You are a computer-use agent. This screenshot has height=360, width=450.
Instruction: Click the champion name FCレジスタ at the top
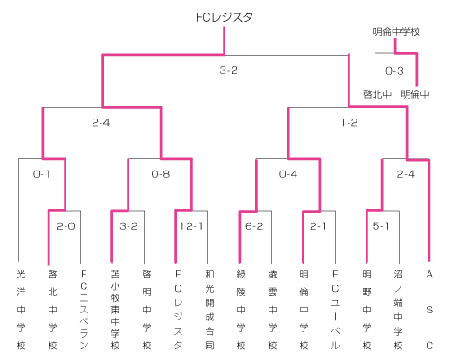(225, 17)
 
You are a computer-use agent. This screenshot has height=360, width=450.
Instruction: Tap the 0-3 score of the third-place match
(394, 71)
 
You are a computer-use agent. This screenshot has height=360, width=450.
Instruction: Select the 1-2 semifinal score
(349, 122)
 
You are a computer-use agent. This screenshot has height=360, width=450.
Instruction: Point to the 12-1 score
(191, 226)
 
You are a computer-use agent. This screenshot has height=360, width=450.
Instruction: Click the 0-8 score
(161, 174)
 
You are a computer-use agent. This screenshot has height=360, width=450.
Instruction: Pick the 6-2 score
(254, 226)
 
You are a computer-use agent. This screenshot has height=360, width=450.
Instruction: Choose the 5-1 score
(381, 226)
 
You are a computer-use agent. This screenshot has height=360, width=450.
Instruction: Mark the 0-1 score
(41, 174)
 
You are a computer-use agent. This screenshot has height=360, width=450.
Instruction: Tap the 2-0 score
(66, 226)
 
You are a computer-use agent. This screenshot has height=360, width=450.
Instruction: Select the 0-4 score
(288, 174)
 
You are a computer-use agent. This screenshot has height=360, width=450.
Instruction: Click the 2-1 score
(318, 226)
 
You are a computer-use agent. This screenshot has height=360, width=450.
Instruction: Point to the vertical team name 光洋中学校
(21, 310)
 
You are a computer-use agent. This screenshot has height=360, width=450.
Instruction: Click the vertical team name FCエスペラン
(84, 310)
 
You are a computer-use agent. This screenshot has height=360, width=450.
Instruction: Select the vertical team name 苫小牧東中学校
(115, 310)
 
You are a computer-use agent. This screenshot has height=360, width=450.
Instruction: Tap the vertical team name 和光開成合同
(209, 310)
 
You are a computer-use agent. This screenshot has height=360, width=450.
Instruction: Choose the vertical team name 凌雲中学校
(272, 310)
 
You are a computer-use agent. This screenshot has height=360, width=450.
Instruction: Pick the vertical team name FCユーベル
(335, 310)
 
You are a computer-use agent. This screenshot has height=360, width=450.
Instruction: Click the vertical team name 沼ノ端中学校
(398, 310)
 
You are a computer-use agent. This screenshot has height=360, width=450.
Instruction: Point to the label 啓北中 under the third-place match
(377, 94)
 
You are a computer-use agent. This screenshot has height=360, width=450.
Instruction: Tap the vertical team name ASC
(429, 310)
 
